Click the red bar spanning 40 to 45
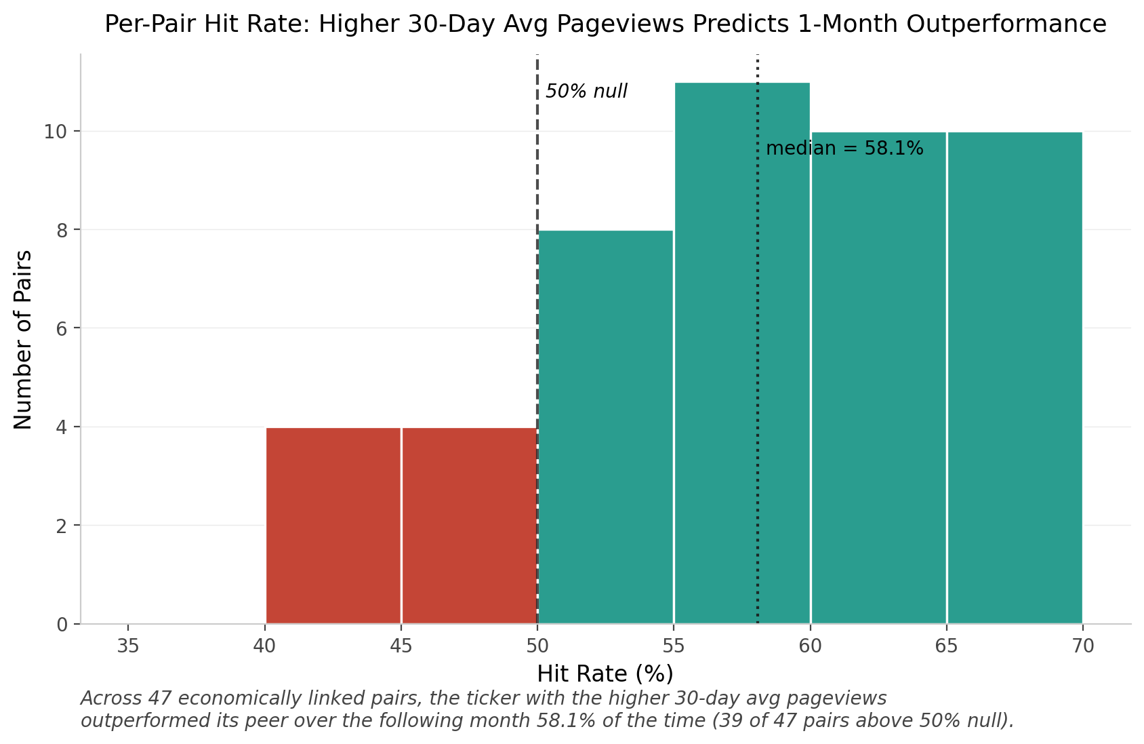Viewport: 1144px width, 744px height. coord(333,526)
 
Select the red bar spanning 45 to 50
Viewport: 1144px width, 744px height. coord(470,526)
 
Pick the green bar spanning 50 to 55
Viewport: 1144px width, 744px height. coord(606,427)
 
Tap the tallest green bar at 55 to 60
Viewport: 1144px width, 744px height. coord(742,353)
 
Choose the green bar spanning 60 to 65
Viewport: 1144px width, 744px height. coord(878,378)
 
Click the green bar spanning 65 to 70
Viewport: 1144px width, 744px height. coord(1015,378)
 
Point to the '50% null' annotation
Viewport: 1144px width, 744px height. coord(586,92)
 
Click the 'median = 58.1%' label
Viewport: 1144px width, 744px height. coord(844,148)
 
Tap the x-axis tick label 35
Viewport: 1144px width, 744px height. coord(127,646)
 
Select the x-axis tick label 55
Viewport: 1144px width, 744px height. coord(674,646)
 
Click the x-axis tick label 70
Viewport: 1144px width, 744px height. coord(1083,646)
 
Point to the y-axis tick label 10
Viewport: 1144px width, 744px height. coord(55,132)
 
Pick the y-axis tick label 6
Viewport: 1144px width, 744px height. coord(62,328)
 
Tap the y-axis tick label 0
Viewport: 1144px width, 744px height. coord(62,625)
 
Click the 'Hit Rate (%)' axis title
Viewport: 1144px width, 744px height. coord(605,674)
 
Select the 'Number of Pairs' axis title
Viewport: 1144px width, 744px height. coord(22,340)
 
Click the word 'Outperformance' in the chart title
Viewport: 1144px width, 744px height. coord(1006,24)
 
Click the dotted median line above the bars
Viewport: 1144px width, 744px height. coord(758,68)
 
